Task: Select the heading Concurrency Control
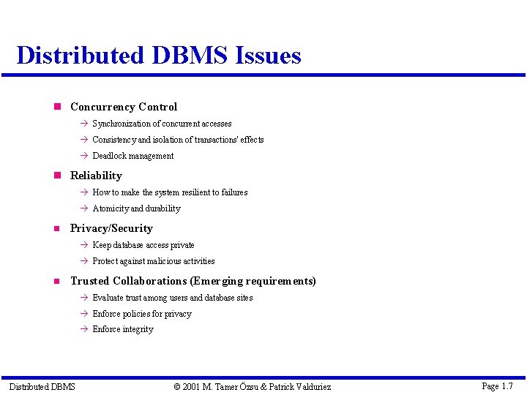[x=123, y=107]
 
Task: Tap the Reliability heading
[x=96, y=176]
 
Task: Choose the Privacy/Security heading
[x=111, y=228]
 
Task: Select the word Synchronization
[x=121, y=124]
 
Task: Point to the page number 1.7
[x=507, y=385]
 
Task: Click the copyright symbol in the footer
[x=178, y=386]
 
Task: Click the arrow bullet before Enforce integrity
[x=84, y=330]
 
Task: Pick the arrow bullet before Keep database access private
[x=84, y=245]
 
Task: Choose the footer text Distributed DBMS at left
[x=42, y=386]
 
